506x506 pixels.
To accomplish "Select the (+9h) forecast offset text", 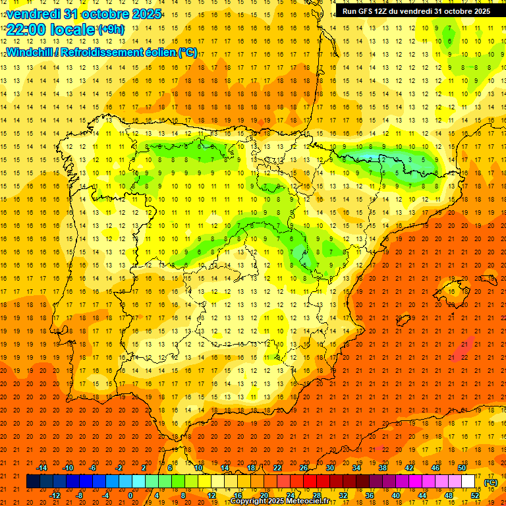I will [110, 30].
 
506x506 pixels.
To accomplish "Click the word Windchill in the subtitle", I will [28, 53].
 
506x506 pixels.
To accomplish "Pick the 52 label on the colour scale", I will [475, 495].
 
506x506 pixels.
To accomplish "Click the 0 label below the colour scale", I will [130, 495].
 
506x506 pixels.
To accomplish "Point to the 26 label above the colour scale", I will [304, 468].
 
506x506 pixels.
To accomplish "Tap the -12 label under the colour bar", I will [55, 495].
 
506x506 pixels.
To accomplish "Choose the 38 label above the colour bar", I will [383, 468].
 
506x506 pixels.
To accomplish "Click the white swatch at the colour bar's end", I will [468, 482].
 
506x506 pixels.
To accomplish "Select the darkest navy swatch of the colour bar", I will [33, 482].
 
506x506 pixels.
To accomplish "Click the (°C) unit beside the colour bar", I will [490, 482].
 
